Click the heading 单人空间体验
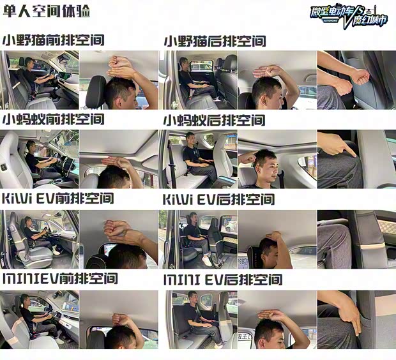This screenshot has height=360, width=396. pos(47,11)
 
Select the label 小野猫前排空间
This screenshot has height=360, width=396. pos(53,40)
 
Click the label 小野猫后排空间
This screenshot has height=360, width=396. pos(215,41)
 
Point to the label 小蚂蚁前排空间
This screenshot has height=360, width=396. pos(53,119)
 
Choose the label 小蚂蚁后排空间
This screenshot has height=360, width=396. pos(215,120)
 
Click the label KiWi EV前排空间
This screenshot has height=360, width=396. pos(58,199)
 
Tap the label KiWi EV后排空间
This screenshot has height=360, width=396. pos(218,200)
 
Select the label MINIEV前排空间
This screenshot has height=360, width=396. pos(60,278)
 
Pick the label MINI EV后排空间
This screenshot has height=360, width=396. pos(223,280)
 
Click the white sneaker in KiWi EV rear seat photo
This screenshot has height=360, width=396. pos(206,261)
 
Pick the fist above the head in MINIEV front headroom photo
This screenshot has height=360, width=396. pos(121,320)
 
